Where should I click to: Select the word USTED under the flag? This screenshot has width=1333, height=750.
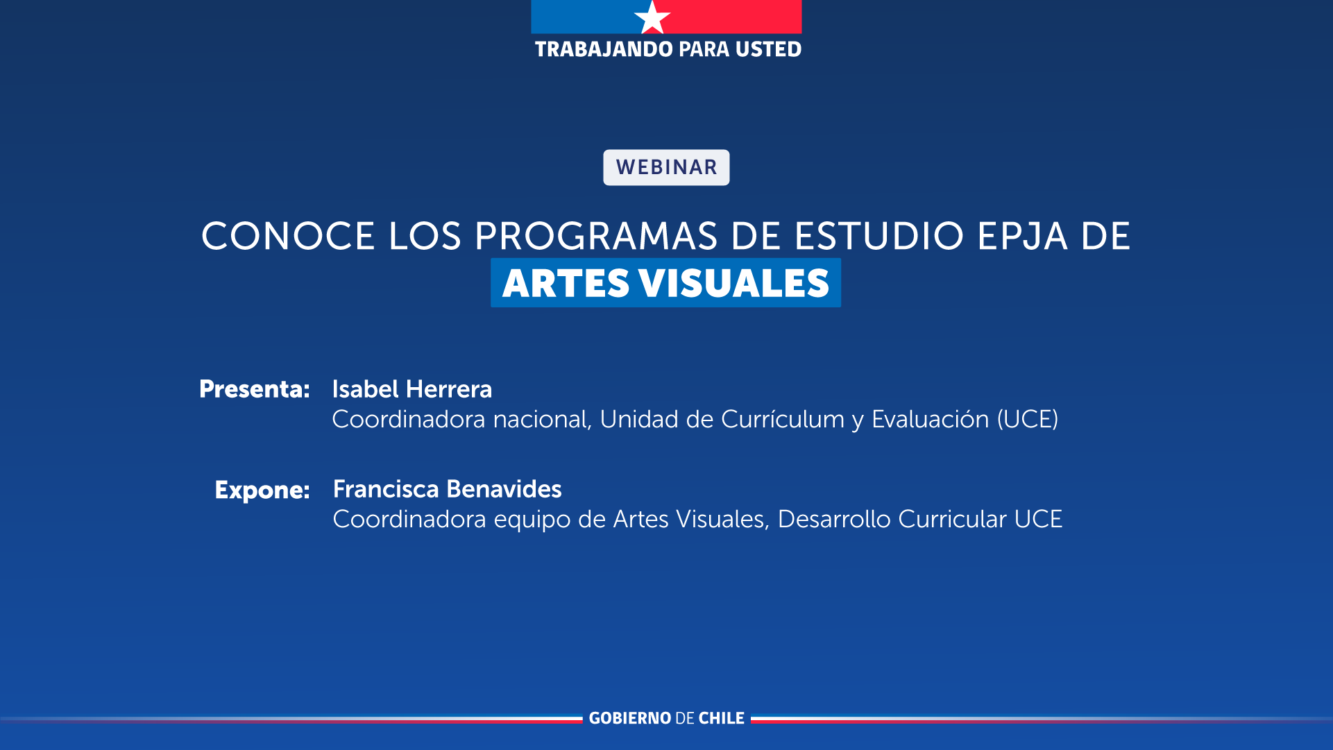769,49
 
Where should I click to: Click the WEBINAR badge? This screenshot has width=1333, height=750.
666,167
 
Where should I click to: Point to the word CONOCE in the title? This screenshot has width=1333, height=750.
288,236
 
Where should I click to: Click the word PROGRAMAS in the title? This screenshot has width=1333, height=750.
596,236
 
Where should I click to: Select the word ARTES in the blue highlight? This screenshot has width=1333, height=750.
566,283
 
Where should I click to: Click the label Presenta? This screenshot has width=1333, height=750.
255,389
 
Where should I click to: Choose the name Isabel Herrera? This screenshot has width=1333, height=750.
412,389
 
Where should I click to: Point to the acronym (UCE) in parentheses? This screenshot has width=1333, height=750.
1028,419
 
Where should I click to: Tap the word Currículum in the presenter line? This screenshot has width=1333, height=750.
783,419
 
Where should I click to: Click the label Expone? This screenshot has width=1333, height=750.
262,491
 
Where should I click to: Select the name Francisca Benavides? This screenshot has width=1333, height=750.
448,489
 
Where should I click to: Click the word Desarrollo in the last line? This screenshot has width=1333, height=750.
834,519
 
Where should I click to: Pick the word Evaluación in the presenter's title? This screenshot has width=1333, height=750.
931,419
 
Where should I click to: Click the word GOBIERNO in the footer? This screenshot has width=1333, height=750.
630,718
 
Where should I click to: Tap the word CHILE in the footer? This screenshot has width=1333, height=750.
722,718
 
